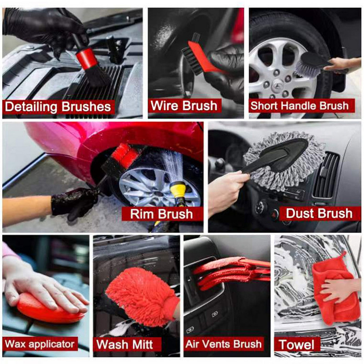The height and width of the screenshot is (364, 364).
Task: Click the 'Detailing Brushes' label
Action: [58, 107]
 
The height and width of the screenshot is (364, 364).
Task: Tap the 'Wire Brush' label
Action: [184, 106]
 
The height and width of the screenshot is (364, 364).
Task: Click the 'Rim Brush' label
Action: [162, 213]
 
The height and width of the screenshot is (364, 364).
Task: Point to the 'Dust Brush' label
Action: [319, 213]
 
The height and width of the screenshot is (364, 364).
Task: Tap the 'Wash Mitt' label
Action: [124, 344]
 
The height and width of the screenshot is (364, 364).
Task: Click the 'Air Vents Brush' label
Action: [223, 344]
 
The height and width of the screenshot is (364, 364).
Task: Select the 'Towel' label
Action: [297, 344]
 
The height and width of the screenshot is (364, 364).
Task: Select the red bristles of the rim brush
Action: [125, 155]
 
